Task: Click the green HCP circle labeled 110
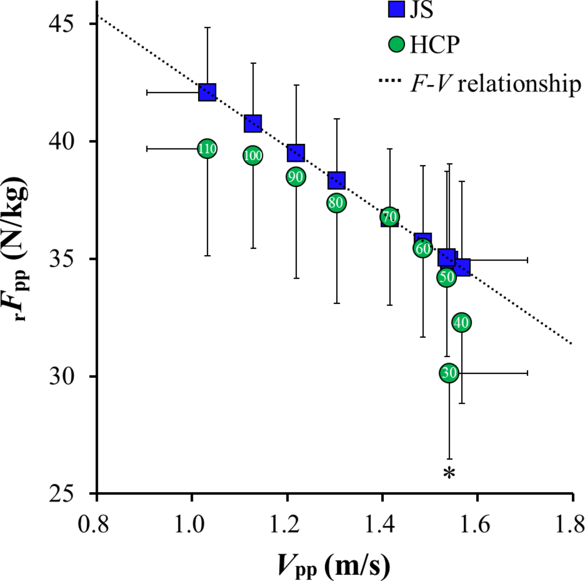[207, 149]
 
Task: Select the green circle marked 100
[253, 155]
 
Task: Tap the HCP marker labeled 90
[296, 177]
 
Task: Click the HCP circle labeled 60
[423, 248]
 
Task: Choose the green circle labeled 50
[446, 278]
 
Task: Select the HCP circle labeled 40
[461, 323]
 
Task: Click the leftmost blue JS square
[207, 93]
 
